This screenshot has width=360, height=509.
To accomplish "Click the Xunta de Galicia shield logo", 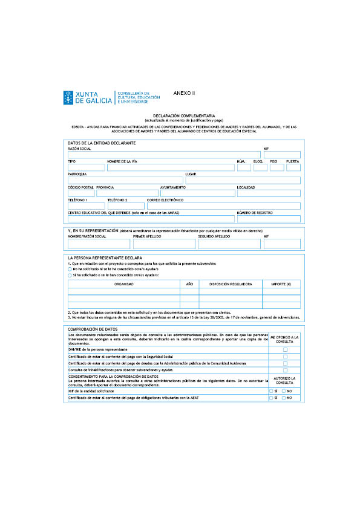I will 68,97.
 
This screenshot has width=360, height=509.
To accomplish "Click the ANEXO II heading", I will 184,93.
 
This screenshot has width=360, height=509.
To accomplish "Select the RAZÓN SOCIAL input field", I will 164,155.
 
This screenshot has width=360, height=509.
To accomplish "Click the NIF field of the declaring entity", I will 282,155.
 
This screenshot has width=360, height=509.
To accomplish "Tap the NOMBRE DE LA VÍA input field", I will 170,167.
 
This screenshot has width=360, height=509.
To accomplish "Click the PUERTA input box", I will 293,167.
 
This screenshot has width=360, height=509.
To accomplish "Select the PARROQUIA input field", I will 125,180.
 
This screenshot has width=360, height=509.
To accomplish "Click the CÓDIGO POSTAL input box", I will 81,193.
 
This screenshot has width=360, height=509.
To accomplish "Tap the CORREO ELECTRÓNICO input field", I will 223,206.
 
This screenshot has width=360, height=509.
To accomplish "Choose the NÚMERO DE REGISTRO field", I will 269,218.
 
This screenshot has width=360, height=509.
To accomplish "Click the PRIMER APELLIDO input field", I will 164,244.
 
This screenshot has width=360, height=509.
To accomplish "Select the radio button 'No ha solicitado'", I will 70,269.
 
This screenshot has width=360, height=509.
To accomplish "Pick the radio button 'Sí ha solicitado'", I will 70,274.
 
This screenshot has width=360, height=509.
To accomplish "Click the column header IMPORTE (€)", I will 281,284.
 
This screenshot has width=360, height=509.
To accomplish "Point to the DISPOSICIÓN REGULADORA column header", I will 230,284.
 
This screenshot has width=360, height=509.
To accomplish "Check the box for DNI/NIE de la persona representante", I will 285,349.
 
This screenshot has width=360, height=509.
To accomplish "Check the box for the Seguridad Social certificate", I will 285,357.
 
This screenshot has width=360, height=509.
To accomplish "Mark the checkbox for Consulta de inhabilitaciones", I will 285,370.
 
